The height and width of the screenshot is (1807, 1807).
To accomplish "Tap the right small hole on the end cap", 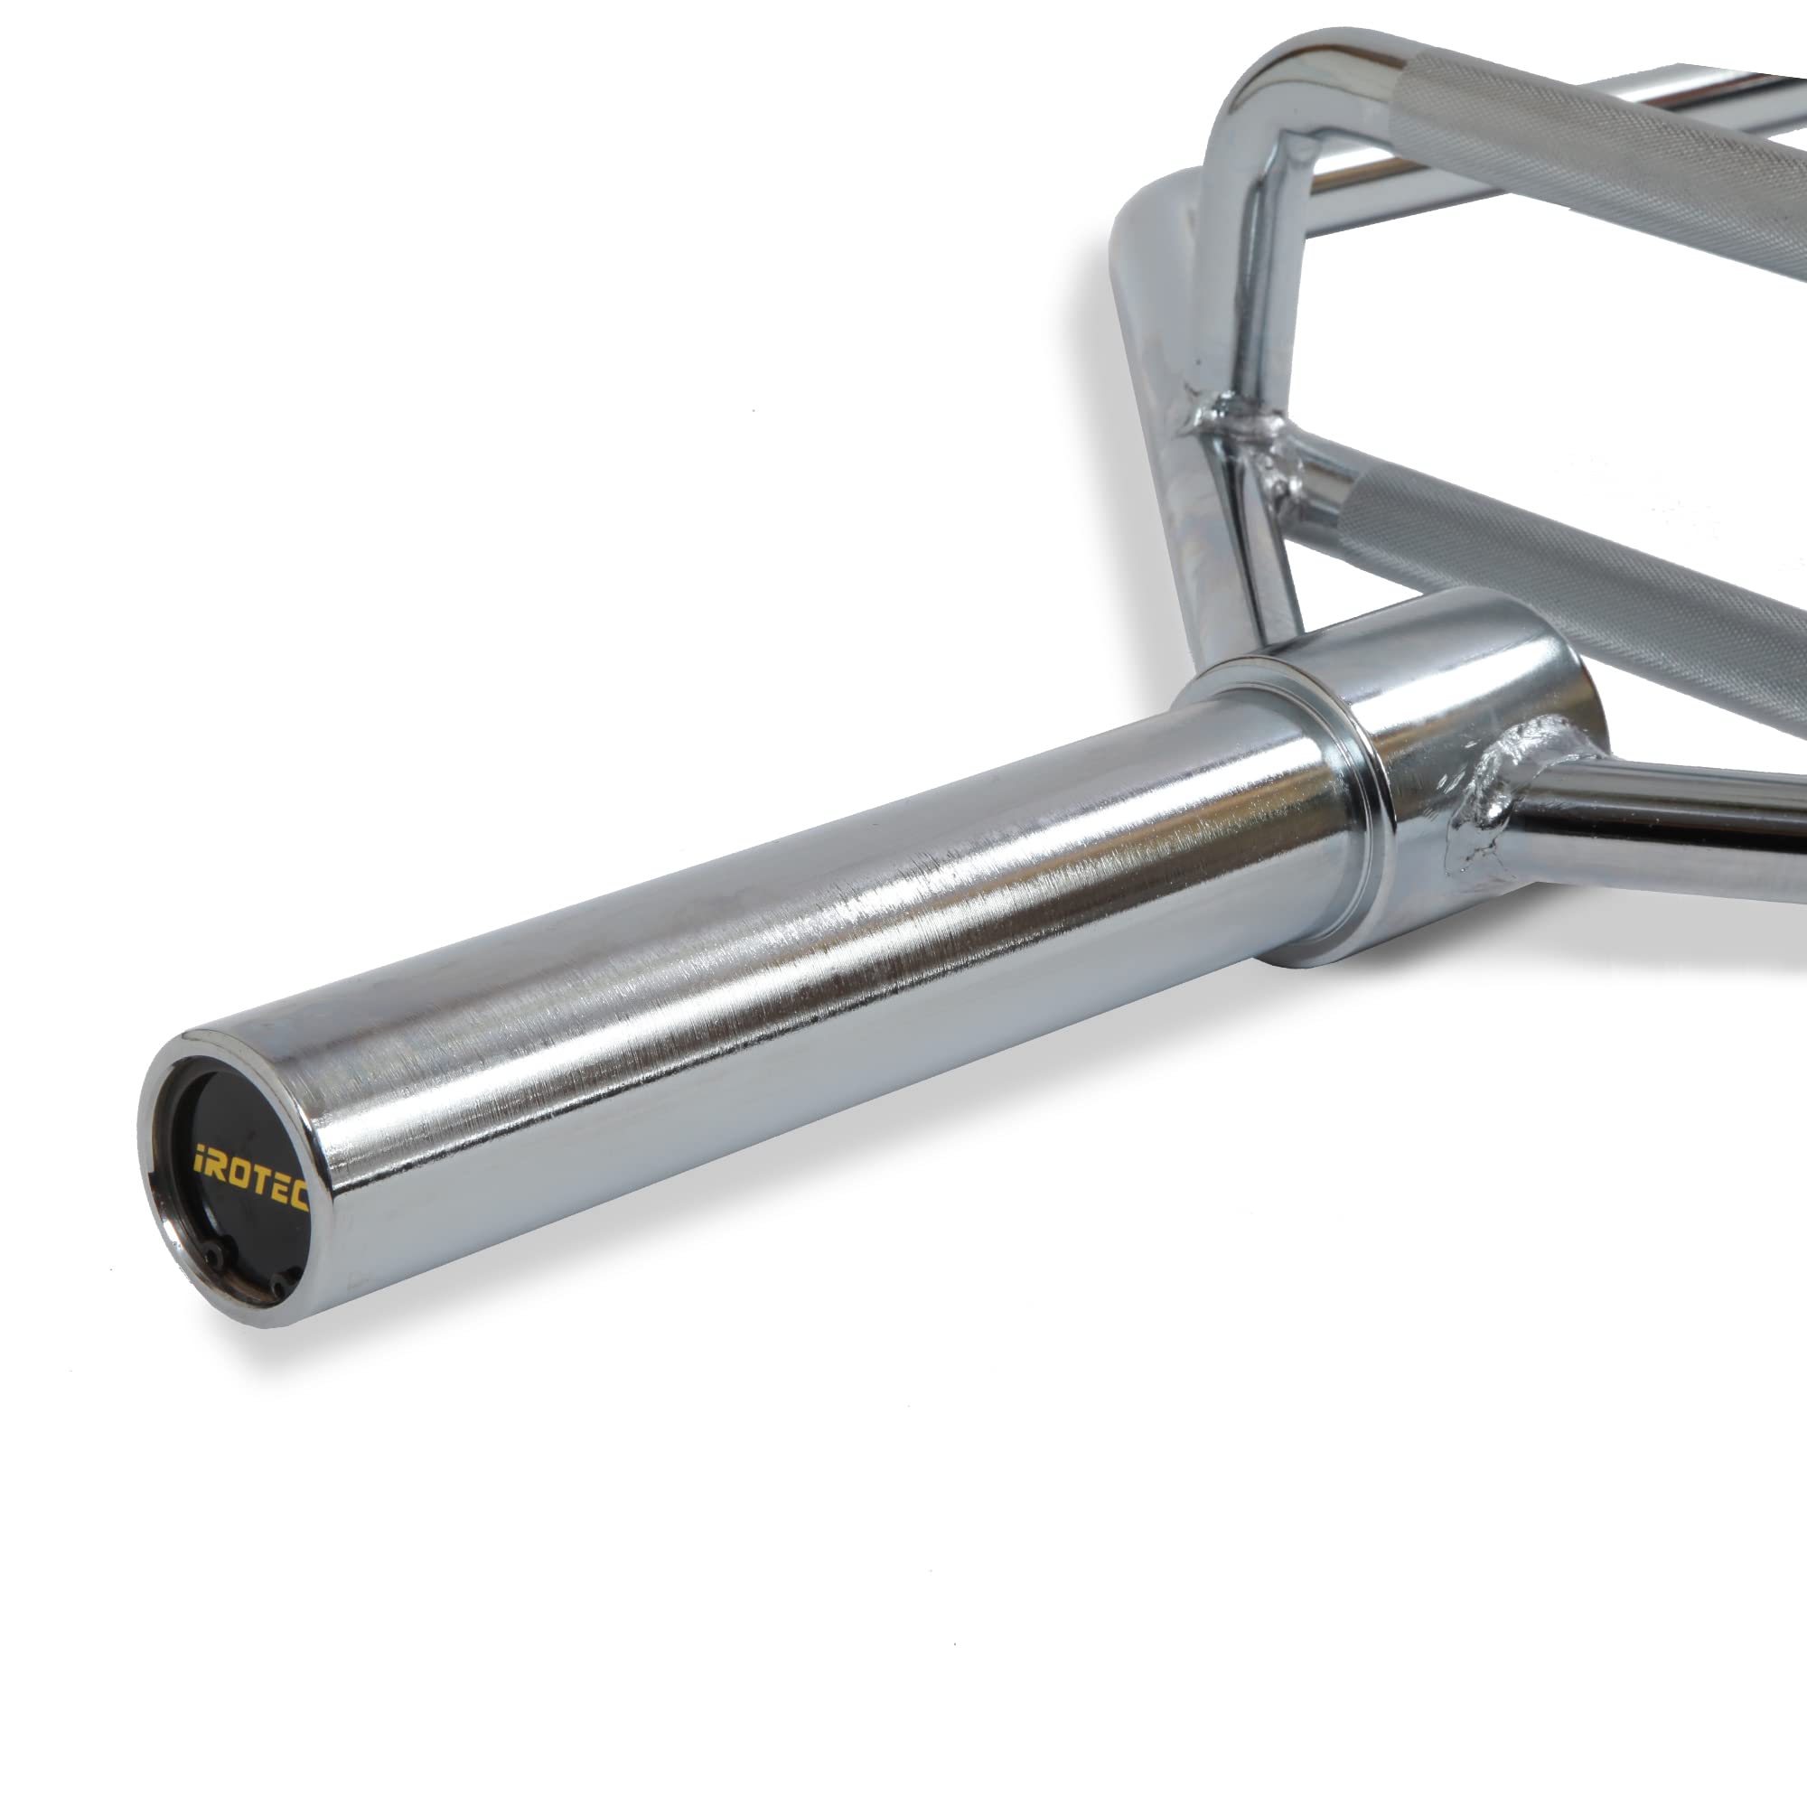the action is coord(276,1291).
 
